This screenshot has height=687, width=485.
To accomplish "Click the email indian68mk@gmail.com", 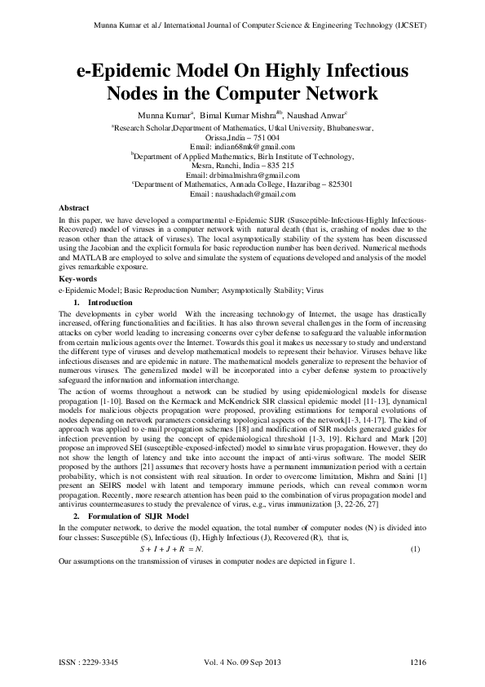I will click(x=241, y=146).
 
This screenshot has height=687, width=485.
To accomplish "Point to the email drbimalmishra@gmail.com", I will click(x=242, y=175).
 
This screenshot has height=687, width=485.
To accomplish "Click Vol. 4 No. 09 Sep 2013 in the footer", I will click(x=241, y=658).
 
